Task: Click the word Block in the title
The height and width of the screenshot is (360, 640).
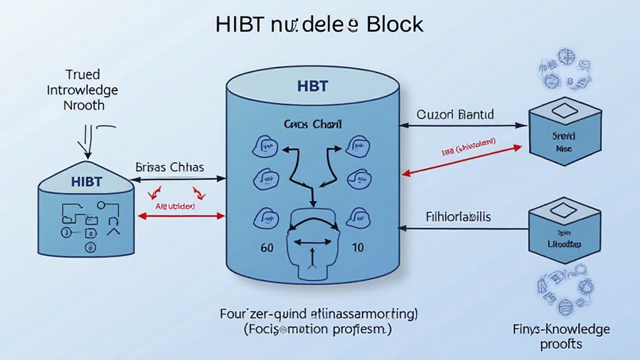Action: [x=395, y=24]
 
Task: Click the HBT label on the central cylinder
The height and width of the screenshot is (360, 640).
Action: [x=313, y=86]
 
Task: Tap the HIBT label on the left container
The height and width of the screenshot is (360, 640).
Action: [x=86, y=181]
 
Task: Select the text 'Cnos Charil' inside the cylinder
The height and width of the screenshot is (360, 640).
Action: [x=313, y=124]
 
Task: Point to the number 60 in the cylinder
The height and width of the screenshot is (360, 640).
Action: [x=267, y=247]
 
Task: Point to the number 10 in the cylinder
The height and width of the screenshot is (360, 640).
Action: [x=357, y=247]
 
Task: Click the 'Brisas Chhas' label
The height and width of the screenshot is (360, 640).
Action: [x=169, y=167]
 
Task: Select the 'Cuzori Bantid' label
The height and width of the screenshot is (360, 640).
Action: [x=455, y=115]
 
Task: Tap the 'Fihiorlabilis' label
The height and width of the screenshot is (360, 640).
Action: [x=458, y=217]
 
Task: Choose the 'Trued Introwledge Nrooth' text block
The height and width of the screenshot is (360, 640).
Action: [x=82, y=90]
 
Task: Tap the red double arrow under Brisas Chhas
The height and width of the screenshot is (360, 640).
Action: [x=181, y=216]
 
